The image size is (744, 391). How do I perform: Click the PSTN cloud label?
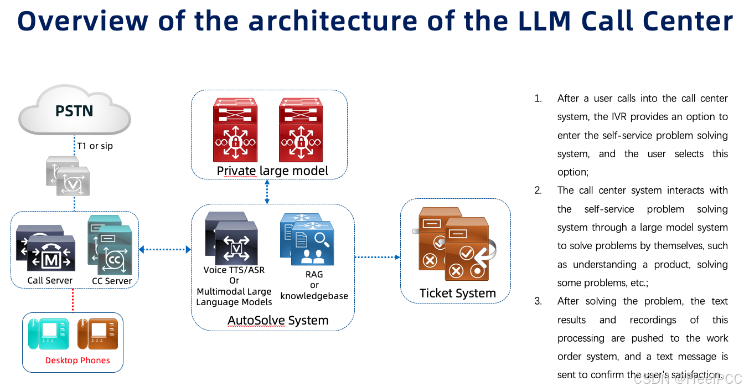point(74,111)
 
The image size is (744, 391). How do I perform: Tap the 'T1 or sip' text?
point(95,146)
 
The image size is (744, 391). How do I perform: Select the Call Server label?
point(50,280)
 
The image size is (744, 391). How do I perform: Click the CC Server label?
point(112,280)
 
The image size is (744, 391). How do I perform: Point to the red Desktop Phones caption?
point(77,361)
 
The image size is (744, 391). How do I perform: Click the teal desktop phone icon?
point(49,333)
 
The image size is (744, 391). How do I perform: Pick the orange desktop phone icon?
point(98,333)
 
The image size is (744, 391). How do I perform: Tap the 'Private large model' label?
point(272,171)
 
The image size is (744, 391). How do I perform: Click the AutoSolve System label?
point(278,320)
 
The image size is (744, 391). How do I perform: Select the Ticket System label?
point(457,293)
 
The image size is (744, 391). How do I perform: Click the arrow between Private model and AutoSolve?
point(267,192)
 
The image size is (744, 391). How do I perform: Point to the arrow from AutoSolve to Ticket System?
point(377,257)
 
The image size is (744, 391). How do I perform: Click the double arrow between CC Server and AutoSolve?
point(164,250)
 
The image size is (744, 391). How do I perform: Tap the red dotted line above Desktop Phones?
point(73,300)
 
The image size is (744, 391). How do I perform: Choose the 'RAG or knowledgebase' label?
point(314,285)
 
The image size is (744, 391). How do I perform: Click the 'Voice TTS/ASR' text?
point(234,270)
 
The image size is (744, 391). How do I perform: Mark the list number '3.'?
point(538,301)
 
